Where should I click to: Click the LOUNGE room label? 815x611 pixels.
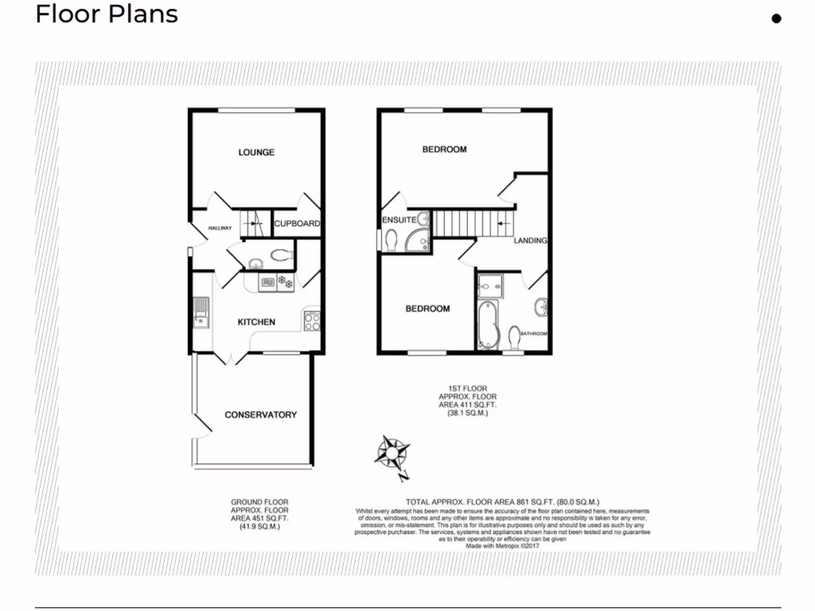pos(256,152)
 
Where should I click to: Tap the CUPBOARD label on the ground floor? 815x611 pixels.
pos(297,224)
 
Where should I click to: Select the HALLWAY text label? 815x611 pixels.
pos(220,228)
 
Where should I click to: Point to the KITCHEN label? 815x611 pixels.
pos(256,322)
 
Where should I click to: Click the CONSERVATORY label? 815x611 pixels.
pos(260,414)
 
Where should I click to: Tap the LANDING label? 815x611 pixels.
pos(530,240)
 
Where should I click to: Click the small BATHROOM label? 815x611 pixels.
pos(533,333)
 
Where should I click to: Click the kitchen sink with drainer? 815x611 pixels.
pos(200,313)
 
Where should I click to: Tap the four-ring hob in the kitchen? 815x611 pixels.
pos(311,321)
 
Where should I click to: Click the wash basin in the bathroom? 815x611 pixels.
pos(541,305)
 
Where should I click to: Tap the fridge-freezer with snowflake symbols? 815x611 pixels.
pos(285,282)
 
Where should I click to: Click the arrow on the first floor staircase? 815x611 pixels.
pos(502,224)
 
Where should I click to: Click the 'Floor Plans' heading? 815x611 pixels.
pos(107,14)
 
